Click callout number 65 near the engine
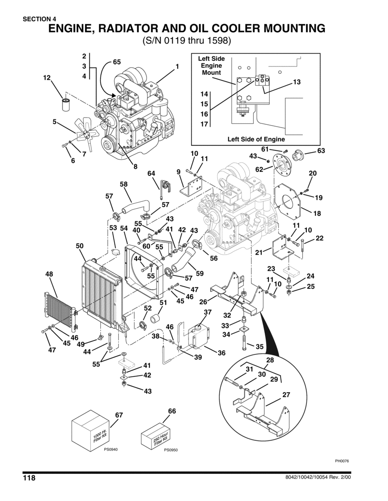pyautogui.click(x=116, y=62)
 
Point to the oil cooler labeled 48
pyautogui.click(x=60, y=310)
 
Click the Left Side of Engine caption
pyautogui.click(x=256, y=139)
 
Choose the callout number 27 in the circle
pyautogui.click(x=286, y=395)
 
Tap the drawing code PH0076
pyautogui.click(x=341, y=460)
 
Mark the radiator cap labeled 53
pyautogui.click(x=116, y=251)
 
